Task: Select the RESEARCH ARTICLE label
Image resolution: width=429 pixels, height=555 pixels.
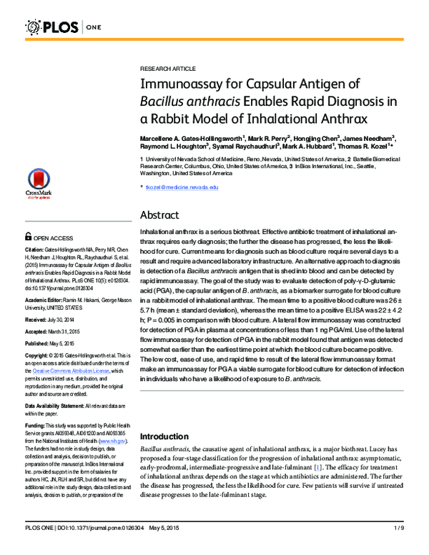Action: click(x=167, y=68)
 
